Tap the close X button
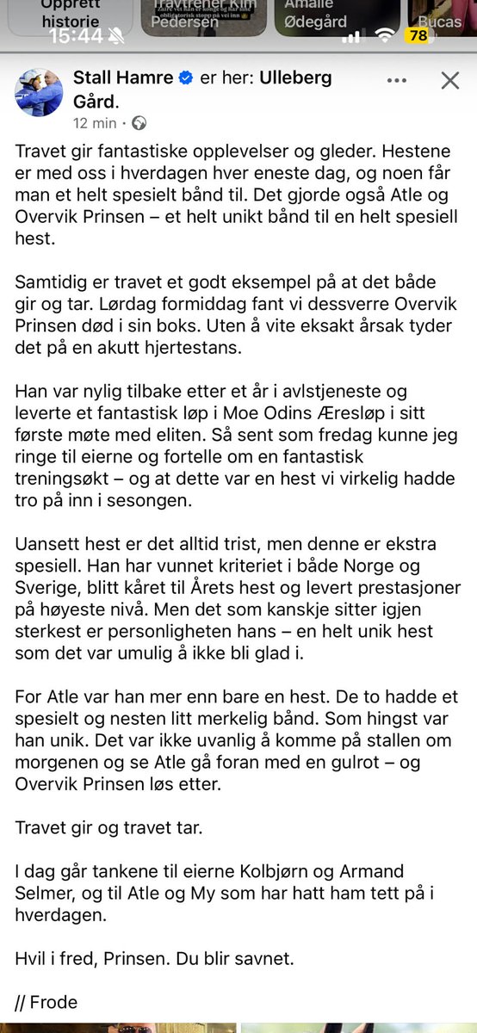tap(449, 81)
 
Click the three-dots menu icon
tap(396, 80)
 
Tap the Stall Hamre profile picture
tap(38, 93)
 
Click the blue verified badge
tap(185, 79)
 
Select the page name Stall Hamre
tap(124, 79)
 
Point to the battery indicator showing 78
tap(419, 36)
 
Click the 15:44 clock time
tap(74, 36)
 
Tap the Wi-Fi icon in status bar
tap(386, 36)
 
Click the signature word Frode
tap(53, 1001)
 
